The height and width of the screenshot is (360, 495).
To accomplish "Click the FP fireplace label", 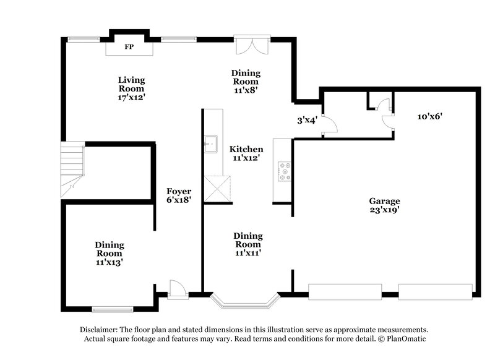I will point(129,47).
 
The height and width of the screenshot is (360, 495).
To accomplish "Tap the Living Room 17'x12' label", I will point(132,88).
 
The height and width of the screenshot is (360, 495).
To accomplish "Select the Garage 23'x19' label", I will point(384,205).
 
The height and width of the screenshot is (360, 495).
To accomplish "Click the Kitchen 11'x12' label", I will point(246,153).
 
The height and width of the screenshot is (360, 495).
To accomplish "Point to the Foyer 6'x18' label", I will point(178,196).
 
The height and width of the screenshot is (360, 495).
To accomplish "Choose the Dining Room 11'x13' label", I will point(109,254).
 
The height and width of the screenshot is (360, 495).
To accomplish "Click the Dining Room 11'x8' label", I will point(246,81).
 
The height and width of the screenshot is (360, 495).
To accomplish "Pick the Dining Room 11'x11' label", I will point(247,244).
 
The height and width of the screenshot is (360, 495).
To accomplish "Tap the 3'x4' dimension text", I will point(307,121).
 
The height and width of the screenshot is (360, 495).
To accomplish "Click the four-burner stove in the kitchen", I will point(285,171).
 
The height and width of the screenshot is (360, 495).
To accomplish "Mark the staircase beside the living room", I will point(72,169).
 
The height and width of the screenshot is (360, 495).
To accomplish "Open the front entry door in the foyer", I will point(178,289).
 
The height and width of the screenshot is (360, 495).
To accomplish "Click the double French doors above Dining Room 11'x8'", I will point(252,46).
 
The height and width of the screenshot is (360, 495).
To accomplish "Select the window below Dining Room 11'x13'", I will point(112,309).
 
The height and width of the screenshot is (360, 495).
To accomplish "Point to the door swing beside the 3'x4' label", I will point(330,123).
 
